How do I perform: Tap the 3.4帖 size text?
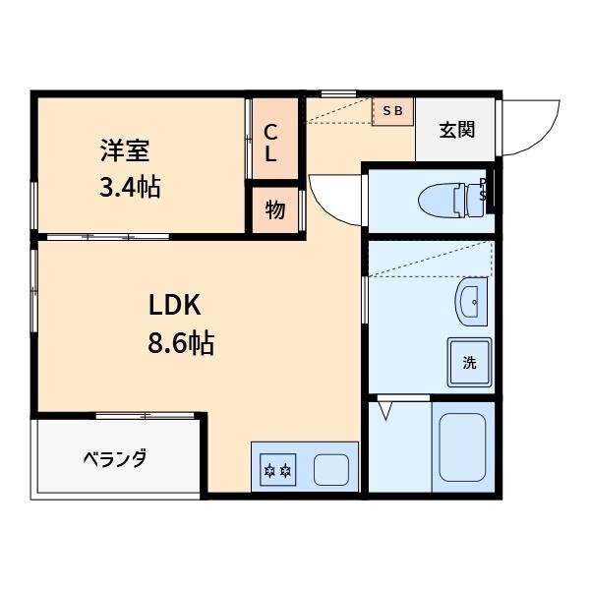pyautogui.click(x=129, y=186)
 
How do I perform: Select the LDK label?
pyautogui.click(x=175, y=305)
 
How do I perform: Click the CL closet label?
pyautogui.click(x=269, y=143)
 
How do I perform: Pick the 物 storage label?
pyautogui.click(x=274, y=209)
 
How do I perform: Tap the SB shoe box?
pyautogui.click(x=392, y=111)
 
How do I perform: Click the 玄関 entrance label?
pyautogui.click(x=457, y=129)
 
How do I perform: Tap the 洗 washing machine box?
pyautogui.click(x=469, y=362)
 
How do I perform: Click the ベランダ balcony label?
pyautogui.click(x=113, y=459)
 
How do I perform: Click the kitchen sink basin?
pyautogui.click(x=331, y=470)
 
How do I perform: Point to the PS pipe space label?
pyautogui.click(x=484, y=189)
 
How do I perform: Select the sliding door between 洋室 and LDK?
pyautogui.click(x=108, y=236)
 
